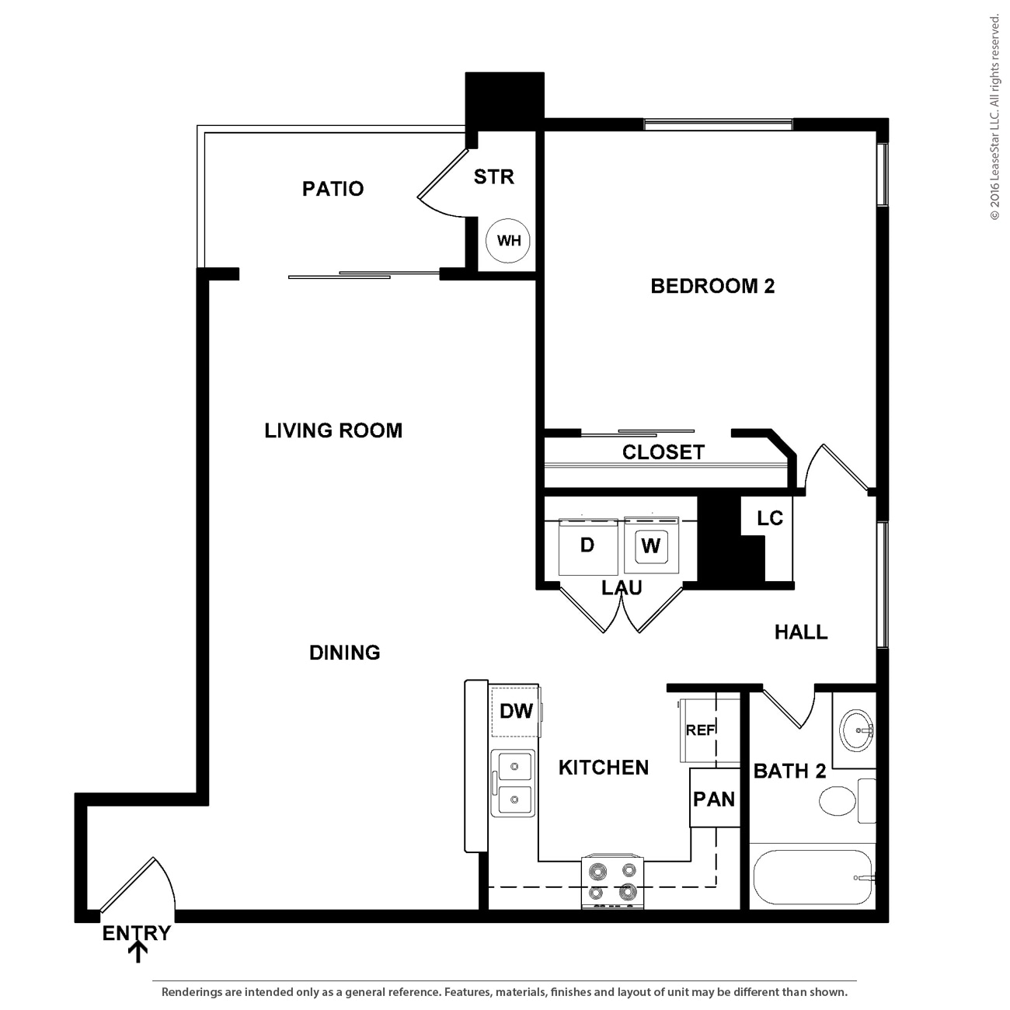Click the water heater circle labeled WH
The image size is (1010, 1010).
(508, 241)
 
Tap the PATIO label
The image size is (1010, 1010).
(333, 189)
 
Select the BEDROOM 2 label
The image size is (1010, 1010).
(712, 286)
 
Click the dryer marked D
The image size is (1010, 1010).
(588, 545)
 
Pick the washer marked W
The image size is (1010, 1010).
(651, 545)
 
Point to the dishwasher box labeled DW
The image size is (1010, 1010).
(516, 711)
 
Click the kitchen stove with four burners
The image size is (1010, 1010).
(613, 882)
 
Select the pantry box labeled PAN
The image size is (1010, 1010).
(714, 799)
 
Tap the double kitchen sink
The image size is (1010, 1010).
(513, 783)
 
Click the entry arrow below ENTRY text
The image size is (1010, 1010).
(138, 953)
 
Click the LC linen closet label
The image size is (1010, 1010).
(769, 518)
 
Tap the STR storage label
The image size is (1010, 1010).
(494, 177)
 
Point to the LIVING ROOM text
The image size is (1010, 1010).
(333, 430)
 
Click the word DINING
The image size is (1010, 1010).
(344, 653)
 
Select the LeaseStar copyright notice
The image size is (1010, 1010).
(994, 117)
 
